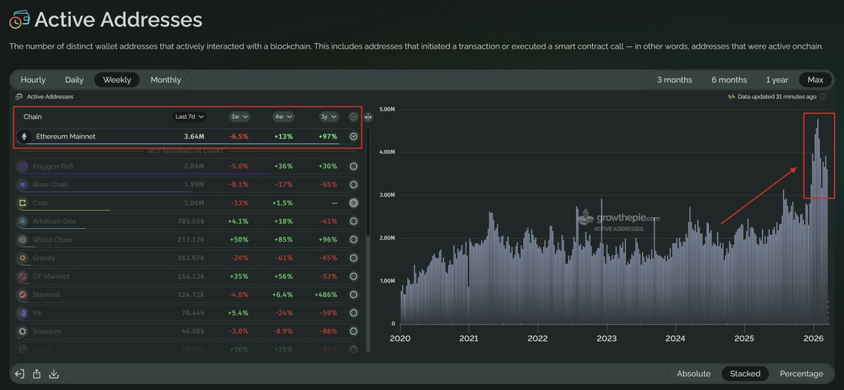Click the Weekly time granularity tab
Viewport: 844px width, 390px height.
pos(117,80)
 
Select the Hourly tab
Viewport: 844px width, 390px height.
pos(33,80)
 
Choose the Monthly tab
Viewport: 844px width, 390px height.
pos(165,80)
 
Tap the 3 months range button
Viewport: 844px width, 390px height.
pos(674,80)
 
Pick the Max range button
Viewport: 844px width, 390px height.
pos(815,80)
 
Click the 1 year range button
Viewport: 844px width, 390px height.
pos(777,80)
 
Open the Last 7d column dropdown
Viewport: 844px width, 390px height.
pos(191,116)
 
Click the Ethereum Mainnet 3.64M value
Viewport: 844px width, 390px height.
pos(194,137)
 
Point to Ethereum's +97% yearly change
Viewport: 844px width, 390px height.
pos(327,137)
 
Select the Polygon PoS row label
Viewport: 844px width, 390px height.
pos(53,166)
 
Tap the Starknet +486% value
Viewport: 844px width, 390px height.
pos(326,294)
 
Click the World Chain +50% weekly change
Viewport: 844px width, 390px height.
pos(239,239)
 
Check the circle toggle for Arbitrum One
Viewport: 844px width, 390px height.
pos(354,221)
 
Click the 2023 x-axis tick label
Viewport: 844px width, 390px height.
pos(606,338)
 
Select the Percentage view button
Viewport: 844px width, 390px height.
pos(801,373)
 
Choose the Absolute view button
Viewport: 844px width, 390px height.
pos(693,373)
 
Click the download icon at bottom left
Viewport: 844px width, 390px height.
pos(54,374)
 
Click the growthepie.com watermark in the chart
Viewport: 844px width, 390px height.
pos(619,219)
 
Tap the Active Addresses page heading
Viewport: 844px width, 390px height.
pos(118,20)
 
